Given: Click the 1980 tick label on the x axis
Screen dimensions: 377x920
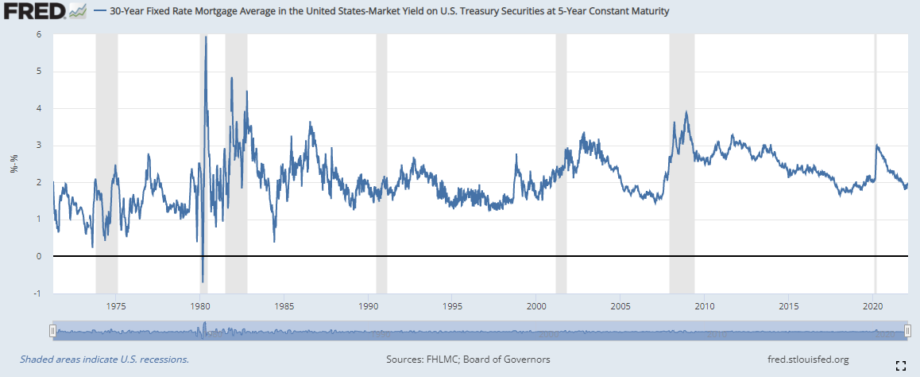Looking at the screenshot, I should [x=200, y=306].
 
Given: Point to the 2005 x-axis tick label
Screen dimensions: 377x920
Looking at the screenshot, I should [x=620, y=306].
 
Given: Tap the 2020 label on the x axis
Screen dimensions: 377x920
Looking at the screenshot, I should [x=873, y=306].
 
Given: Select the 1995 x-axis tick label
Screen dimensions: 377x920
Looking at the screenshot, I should [x=452, y=306].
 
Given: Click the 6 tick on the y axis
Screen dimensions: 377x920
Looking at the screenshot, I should [x=39, y=34].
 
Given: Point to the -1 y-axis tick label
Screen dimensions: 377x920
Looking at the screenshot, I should [x=37, y=293].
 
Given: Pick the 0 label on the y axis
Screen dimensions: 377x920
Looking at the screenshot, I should [x=39, y=256].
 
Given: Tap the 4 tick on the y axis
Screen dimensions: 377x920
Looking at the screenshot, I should [x=39, y=108].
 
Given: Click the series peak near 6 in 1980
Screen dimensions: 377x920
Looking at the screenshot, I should [x=206, y=37].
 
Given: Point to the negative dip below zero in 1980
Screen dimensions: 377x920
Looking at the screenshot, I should [x=203, y=281].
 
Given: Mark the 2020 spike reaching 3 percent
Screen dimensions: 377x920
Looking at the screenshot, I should [x=876, y=145].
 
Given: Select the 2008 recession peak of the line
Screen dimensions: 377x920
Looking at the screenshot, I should [x=686, y=112].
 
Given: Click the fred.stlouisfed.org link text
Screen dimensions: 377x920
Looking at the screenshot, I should [x=804, y=360].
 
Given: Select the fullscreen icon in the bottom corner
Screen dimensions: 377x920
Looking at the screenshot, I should [x=901, y=365].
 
